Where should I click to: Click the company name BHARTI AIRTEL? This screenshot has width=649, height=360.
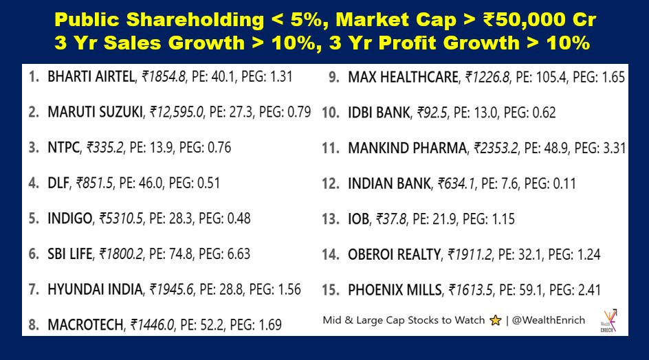click(91, 76)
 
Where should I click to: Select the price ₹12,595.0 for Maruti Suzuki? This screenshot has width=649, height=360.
click(177, 112)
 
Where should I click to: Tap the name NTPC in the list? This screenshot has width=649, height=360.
click(63, 147)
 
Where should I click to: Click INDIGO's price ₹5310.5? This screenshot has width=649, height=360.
click(121, 218)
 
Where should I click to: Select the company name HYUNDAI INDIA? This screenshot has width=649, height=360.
click(95, 289)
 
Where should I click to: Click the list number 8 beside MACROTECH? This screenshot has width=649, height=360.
click(34, 325)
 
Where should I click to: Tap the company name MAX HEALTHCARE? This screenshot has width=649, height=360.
click(403, 78)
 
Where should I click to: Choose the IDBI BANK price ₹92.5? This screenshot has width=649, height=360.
click(432, 113)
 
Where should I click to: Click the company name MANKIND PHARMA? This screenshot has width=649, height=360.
click(407, 148)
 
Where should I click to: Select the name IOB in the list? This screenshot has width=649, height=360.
click(358, 219)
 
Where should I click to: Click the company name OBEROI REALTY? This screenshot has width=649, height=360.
click(395, 254)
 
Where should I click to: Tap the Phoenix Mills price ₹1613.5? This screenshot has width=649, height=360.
click(471, 290)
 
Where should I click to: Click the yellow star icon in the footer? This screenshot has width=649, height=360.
click(495, 320)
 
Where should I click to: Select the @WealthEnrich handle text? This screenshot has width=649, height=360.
click(549, 320)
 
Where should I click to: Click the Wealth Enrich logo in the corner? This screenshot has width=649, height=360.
click(608, 321)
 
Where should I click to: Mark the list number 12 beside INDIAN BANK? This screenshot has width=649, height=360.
click(331, 183)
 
